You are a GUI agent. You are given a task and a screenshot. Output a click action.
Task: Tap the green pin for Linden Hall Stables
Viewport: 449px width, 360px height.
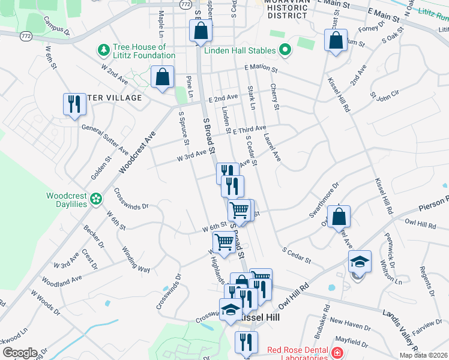pyautogui.click(x=285, y=50)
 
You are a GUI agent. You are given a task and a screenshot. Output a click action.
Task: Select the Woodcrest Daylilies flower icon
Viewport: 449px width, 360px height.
pyautogui.click(x=95, y=198)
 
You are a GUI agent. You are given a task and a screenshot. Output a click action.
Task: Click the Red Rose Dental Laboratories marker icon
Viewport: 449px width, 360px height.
pyautogui.click(x=337, y=352)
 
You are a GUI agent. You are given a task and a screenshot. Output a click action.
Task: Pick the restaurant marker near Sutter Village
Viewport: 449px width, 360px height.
pyautogui.click(x=74, y=104)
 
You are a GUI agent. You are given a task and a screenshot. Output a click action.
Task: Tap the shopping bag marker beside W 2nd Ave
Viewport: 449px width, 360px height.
pyautogui.click(x=162, y=77)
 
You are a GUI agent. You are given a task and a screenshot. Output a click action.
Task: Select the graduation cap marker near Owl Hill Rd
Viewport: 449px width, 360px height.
pyautogui.click(x=359, y=262)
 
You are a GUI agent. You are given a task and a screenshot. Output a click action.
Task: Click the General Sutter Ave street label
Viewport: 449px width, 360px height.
pyautogui.click(x=106, y=139)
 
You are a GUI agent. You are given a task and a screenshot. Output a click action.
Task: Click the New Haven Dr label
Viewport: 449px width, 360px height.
pyautogui.click(x=350, y=324)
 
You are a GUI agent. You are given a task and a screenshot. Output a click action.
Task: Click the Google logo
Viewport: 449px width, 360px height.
pyautogui.click(x=19, y=352)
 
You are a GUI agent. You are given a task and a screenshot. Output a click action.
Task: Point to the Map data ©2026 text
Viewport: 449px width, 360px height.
pyautogui.click(x=423, y=355)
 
